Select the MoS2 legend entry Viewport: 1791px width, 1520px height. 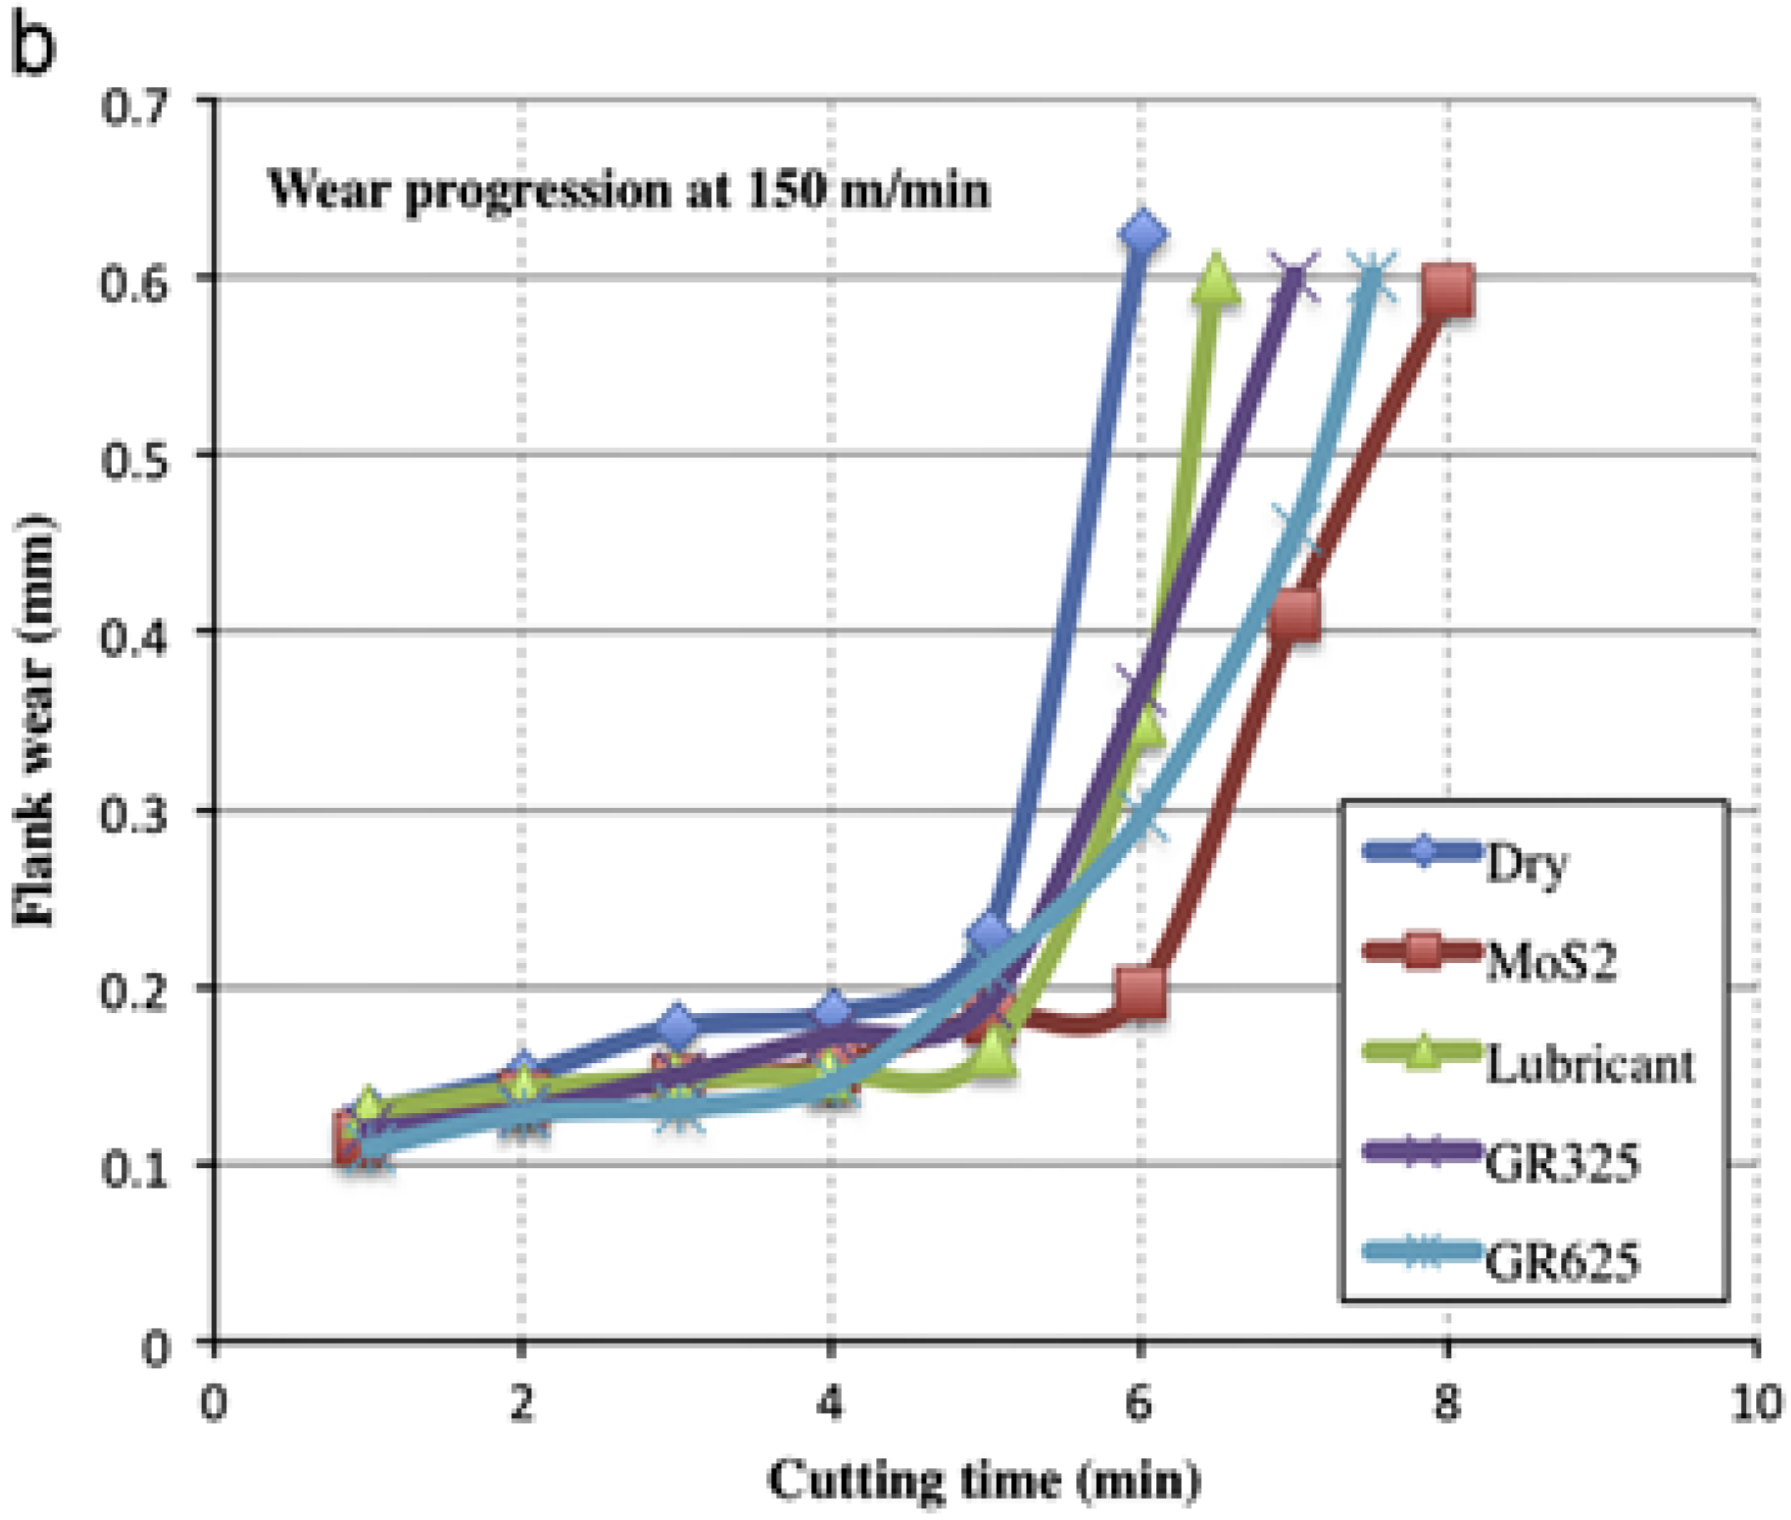(x=1550, y=962)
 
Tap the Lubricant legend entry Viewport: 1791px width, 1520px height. (x=1589, y=1064)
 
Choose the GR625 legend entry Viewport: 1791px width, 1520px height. (x=1562, y=1262)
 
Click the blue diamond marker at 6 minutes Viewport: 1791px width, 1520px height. (x=1143, y=233)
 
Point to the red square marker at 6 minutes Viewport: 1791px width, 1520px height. (x=1141, y=993)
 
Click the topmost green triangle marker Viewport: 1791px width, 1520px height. (x=1215, y=281)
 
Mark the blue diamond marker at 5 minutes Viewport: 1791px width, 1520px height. (x=991, y=933)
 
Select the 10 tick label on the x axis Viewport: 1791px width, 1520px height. (x=1755, y=1404)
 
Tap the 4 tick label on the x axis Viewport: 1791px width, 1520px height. (x=829, y=1404)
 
